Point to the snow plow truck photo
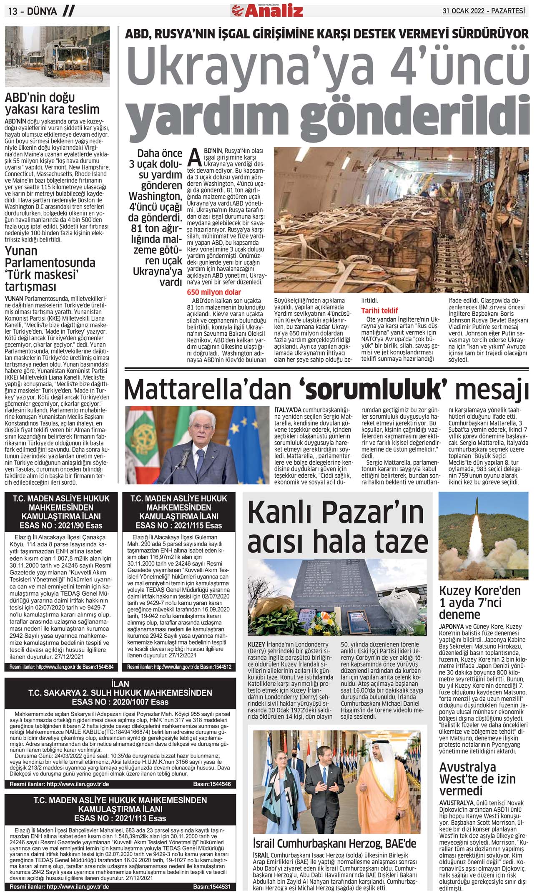coord(57,56)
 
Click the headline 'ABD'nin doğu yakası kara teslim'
coord(52,103)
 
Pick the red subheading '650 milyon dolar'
coord(214,292)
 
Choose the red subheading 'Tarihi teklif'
coord(379,310)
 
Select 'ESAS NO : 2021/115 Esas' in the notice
coord(178,525)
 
